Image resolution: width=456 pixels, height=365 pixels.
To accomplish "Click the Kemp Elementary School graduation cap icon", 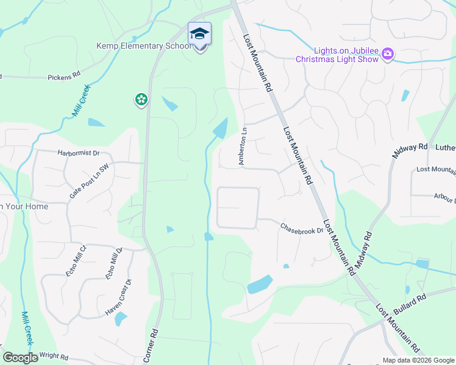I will click(199, 33).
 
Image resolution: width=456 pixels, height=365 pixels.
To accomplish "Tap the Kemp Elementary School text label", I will click(143, 46).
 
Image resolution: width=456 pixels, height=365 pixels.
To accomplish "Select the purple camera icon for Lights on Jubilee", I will click(387, 55).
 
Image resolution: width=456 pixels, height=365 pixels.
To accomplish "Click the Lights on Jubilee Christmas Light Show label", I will click(338, 55).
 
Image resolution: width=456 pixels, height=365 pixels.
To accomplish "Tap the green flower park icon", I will click(141, 99).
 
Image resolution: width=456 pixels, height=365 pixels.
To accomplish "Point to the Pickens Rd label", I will click(64, 77).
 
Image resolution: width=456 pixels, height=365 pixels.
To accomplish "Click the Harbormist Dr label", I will click(79, 153).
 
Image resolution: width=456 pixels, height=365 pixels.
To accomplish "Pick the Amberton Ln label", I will click(242, 146).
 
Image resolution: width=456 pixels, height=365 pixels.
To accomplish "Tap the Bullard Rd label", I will click(409, 304).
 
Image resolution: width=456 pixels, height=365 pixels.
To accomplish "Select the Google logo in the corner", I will click(21, 358).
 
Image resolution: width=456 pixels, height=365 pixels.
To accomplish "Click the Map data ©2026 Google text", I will click(418, 360).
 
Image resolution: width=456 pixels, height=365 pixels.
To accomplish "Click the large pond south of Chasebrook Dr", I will click(260, 284).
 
